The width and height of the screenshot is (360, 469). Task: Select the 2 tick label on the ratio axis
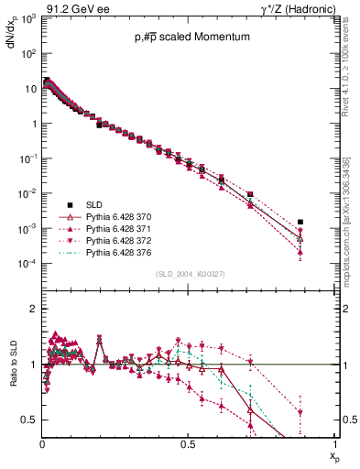click(x=34, y=309)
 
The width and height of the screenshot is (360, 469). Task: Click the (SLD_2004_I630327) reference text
click(x=189, y=274)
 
